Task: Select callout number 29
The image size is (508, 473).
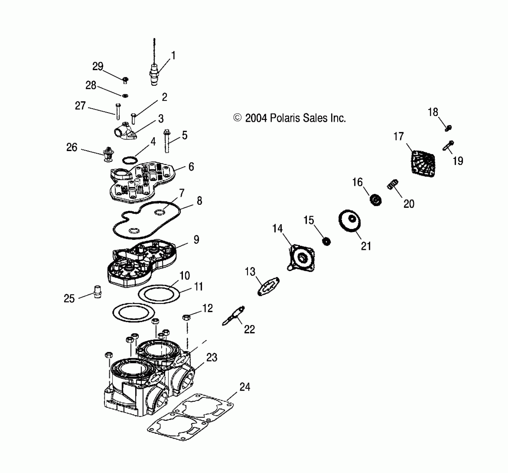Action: coord(98,66)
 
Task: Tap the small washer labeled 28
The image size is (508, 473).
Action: coord(125,95)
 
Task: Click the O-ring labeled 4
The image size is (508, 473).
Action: coord(130,160)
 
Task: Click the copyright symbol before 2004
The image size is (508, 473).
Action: coord(237,118)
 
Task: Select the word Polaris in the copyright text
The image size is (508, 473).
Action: coord(285,118)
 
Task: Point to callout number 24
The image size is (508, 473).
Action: coord(245,387)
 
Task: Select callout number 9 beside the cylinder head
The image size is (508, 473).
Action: coord(196,240)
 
